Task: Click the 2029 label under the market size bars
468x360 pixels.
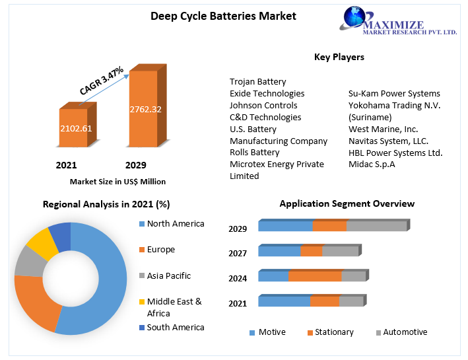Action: (135, 165)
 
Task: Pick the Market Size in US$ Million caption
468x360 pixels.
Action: (117, 181)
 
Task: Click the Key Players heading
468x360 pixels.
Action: (339, 57)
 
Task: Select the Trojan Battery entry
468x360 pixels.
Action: (257, 81)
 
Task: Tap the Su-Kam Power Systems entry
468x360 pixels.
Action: (394, 94)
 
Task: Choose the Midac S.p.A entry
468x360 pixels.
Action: (372, 164)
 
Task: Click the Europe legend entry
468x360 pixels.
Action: (160, 250)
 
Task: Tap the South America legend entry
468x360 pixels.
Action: (175, 328)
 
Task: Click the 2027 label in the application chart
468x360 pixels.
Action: (238, 254)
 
